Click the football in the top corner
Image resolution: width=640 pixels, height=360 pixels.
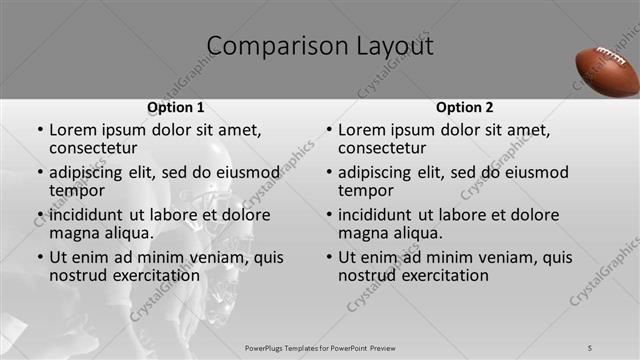coord(607,71)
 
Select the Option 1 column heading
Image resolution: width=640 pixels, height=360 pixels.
coord(176,107)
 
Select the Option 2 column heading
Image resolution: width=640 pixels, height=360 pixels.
coord(464,107)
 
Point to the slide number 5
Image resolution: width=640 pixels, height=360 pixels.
coord(590,347)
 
